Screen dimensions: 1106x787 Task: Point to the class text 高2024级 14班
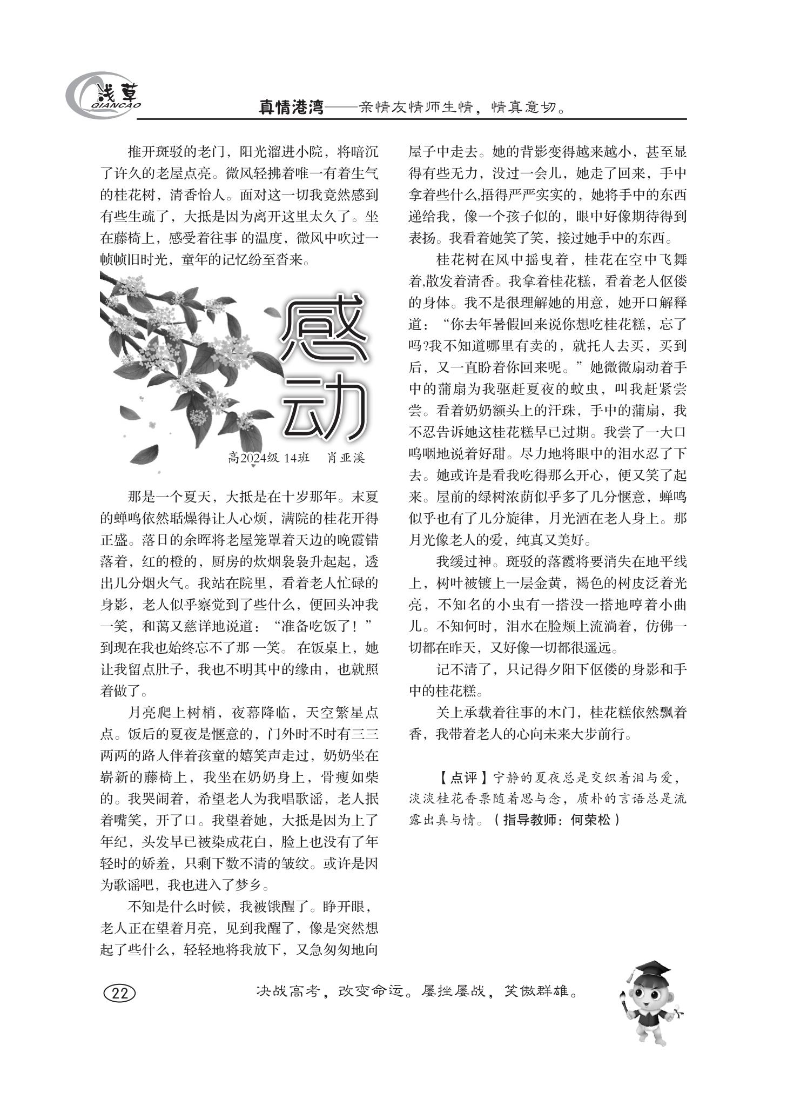(x=268, y=458)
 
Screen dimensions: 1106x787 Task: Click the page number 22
(x=119, y=993)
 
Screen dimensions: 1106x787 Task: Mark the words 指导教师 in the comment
(x=529, y=820)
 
